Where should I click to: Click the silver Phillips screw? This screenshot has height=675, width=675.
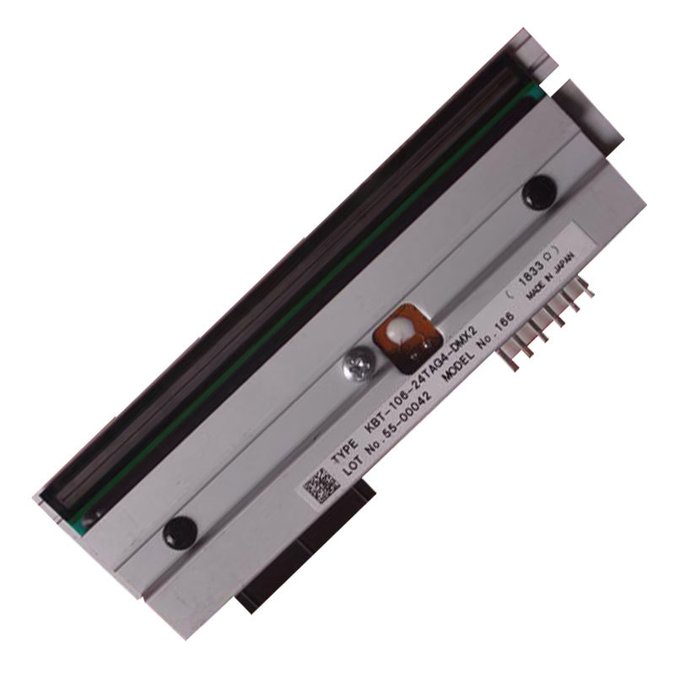(x=355, y=367)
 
